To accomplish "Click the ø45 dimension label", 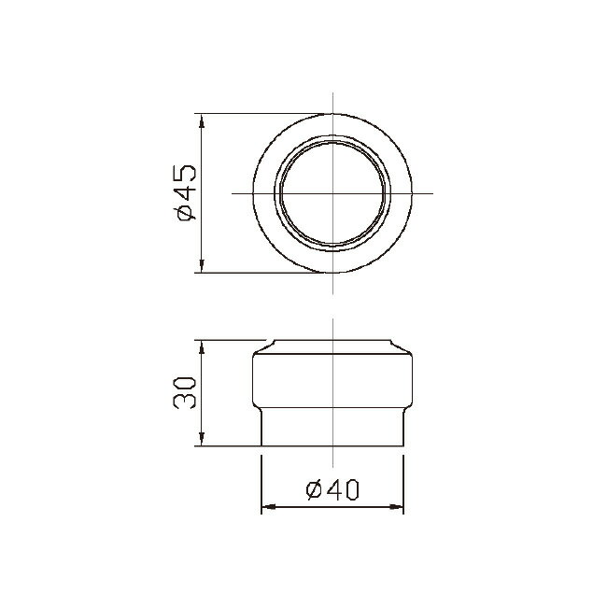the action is [187, 192].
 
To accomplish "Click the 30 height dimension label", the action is [185, 393].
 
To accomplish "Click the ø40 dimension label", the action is [332, 490].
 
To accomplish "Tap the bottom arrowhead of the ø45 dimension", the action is [202, 265].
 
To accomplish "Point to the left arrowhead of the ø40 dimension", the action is [269, 506].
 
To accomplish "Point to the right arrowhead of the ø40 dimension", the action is [396, 506].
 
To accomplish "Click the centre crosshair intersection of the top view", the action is [333, 193].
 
